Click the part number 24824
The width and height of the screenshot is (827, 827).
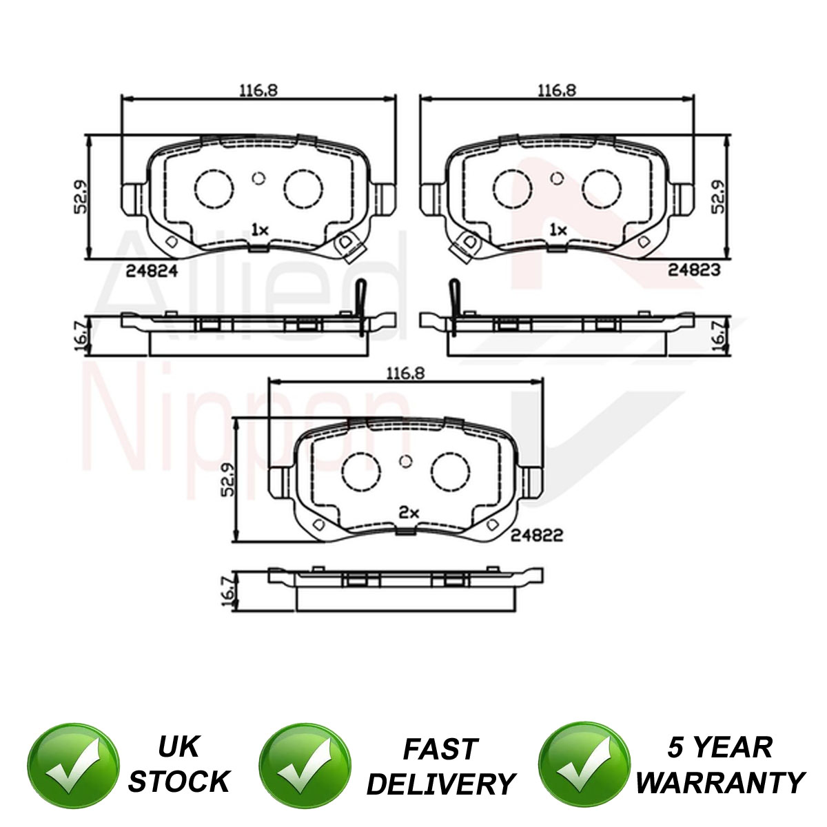click(x=152, y=271)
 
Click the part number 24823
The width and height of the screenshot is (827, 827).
click(x=694, y=269)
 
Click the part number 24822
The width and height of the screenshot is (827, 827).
click(x=536, y=535)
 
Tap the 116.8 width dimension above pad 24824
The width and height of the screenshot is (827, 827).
click(x=258, y=90)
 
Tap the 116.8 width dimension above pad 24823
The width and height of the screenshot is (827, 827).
click(x=557, y=90)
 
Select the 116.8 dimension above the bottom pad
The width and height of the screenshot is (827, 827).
click(x=405, y=374)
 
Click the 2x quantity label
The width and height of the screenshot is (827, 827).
click(x=409, y=513)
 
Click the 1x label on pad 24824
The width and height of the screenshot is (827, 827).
click(x=260, y=230)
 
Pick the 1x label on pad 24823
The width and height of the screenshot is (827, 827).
click(x=558, y=230)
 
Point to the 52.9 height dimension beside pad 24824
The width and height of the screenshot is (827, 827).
click(x=80, y=197)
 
